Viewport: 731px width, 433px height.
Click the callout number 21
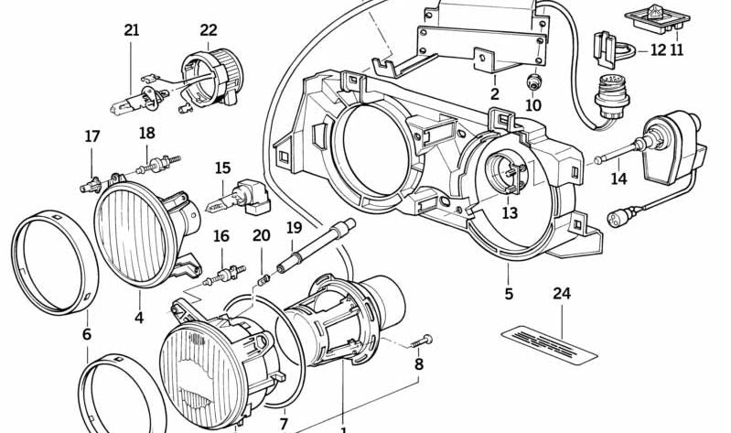(132, 30)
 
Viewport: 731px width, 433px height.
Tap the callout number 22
(209, 30)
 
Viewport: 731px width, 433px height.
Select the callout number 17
(92, 136)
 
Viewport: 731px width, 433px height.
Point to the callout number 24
(562, 294)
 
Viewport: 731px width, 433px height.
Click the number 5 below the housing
(509, 294)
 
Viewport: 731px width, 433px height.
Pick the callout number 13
(509, 212)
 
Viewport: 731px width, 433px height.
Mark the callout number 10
(533, 105)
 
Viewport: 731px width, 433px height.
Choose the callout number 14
(618, 179)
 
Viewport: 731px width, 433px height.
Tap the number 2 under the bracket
(494, 93)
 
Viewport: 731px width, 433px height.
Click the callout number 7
(284, 423)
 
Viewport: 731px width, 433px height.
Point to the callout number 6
(87, 334)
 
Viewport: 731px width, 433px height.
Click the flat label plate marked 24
(550, 341)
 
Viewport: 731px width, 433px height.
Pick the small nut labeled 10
(532, 82)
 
